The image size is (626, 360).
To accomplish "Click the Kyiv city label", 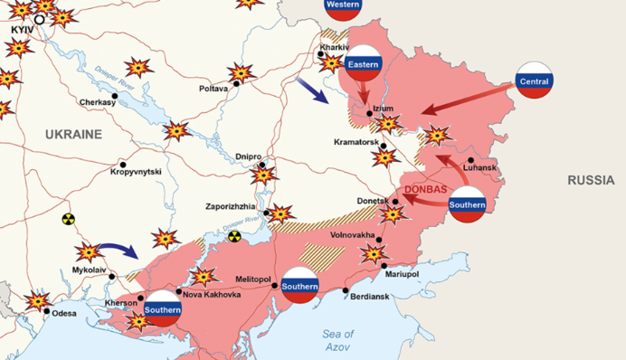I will pos(21,30).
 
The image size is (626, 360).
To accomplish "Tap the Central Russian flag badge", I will pos(534,81).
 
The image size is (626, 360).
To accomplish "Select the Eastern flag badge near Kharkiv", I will pos(364,63).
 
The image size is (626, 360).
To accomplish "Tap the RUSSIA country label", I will pos(591,181).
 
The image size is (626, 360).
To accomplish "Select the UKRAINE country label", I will pos(75,134).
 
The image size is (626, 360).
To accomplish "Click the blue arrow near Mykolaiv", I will pos(115,250).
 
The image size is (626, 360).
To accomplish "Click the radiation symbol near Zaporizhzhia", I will pos(234,236).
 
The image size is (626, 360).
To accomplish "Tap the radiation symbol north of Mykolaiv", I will pos(68,219).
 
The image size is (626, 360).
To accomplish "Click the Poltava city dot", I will pos(236,84).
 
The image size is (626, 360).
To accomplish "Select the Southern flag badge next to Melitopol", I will pos(299,285).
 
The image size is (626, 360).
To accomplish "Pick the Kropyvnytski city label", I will pos(136,171).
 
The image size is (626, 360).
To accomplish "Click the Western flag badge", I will pos(343,5).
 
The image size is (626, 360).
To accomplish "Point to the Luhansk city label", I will pos(479,168).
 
